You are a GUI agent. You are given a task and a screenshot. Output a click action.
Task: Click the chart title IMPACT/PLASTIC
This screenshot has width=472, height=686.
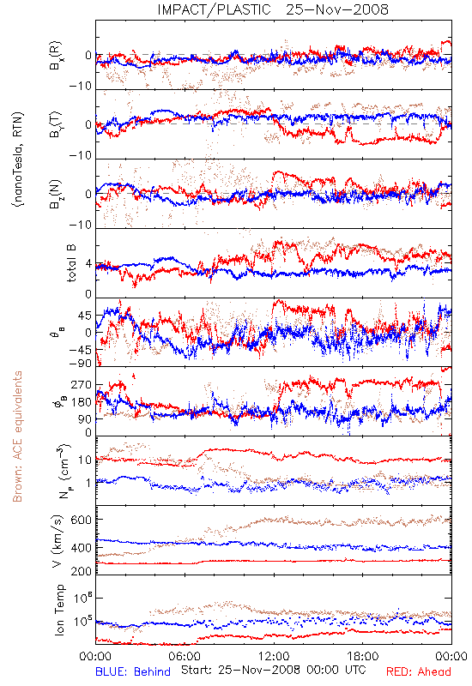(214, 9)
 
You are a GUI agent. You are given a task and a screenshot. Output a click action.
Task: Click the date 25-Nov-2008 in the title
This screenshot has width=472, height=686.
(337, 9)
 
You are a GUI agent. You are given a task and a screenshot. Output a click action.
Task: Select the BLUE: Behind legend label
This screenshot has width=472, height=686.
(133, 671)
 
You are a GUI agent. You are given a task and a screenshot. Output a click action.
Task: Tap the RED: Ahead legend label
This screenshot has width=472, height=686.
(419, 671)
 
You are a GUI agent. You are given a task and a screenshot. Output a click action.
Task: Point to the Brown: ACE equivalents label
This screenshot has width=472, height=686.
(16, 436)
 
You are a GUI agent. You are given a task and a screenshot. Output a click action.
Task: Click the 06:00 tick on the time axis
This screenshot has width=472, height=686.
(184, 656)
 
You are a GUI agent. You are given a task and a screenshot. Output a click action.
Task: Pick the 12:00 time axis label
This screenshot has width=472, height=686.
(274, 656)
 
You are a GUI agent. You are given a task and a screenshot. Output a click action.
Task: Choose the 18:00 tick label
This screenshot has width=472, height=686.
(363, 656)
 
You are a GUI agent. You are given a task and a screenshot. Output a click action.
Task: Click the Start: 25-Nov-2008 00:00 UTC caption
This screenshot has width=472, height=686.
(274, 670)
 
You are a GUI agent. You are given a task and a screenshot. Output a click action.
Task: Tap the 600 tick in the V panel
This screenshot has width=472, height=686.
(82, 520)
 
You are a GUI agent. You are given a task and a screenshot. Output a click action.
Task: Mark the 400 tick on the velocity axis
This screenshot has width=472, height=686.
(82, 547)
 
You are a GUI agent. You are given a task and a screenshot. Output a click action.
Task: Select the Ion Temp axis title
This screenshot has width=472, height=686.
(59, 610)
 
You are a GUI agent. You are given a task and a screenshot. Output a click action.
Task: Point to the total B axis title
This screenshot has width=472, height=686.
(71, 263)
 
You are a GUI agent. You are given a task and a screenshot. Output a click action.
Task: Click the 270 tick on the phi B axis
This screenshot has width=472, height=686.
(82, 384)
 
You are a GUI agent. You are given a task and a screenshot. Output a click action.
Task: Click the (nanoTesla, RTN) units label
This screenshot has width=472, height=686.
(18, 159)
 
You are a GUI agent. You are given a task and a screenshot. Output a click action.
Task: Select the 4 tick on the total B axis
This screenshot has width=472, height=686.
(88, 264)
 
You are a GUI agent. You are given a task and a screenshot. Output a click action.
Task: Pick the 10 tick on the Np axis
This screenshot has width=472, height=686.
(85, 460)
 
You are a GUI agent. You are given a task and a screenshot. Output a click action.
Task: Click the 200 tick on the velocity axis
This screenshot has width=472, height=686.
(82, 571)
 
